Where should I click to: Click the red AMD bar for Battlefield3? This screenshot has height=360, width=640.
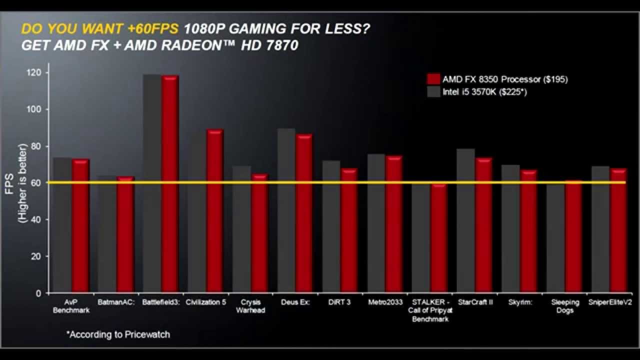tap(170, 185)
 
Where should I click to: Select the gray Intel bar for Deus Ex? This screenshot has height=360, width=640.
tap(286, 210)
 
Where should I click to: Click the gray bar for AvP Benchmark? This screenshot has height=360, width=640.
tap(62, 225)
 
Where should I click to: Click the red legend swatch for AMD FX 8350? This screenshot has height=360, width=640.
tap(433, 79)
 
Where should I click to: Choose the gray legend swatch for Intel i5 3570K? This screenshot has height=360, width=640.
tap(433, 92)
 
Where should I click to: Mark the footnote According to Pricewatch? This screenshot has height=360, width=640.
tap(118, 334)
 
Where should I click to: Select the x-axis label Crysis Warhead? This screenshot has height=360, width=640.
tap(250, 306)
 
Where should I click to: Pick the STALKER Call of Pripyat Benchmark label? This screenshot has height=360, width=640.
tap(430, 310)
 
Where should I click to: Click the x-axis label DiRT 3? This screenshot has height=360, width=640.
tap(340, 302)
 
